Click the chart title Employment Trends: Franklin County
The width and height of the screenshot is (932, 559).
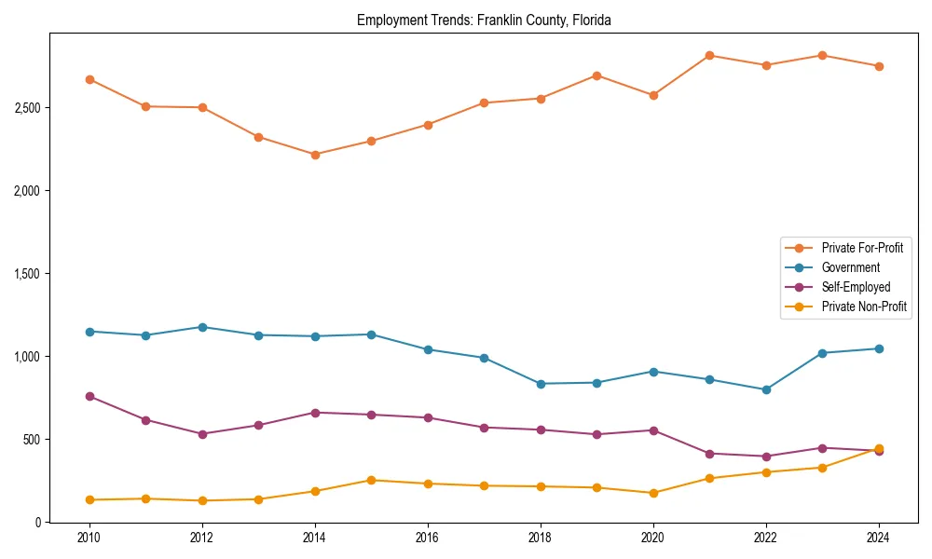coord(484,20)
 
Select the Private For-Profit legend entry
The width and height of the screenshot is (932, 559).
coord(861,248)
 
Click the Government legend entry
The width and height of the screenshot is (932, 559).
coord(850,267)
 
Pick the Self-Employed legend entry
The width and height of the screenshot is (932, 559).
coord(856,287)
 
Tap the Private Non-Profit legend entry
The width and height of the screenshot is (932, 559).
coord(864,307)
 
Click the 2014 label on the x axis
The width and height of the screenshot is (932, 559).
coord(315,538)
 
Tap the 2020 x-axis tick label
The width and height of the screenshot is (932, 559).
coord(652,538)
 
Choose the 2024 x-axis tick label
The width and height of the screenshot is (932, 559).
coord(878,538)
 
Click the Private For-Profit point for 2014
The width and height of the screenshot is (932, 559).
coord(315,155)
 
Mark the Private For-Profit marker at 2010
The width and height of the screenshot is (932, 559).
coord(89,79)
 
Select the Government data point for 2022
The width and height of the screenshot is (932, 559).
coord(766,389)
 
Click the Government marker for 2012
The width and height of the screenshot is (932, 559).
coord(202,327)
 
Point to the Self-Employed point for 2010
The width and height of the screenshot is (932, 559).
coord(89,396)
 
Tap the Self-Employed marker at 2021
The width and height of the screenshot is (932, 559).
coord(709,454)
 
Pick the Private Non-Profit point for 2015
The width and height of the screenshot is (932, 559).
coord(371,480)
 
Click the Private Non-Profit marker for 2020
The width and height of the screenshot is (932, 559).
coord(652,493)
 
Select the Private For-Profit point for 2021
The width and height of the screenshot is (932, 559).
coord(709,55)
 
